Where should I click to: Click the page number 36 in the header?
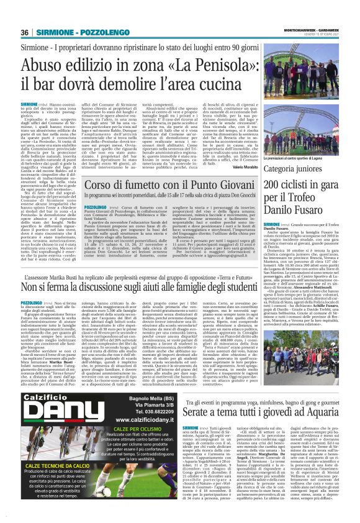tap(25, 15)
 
